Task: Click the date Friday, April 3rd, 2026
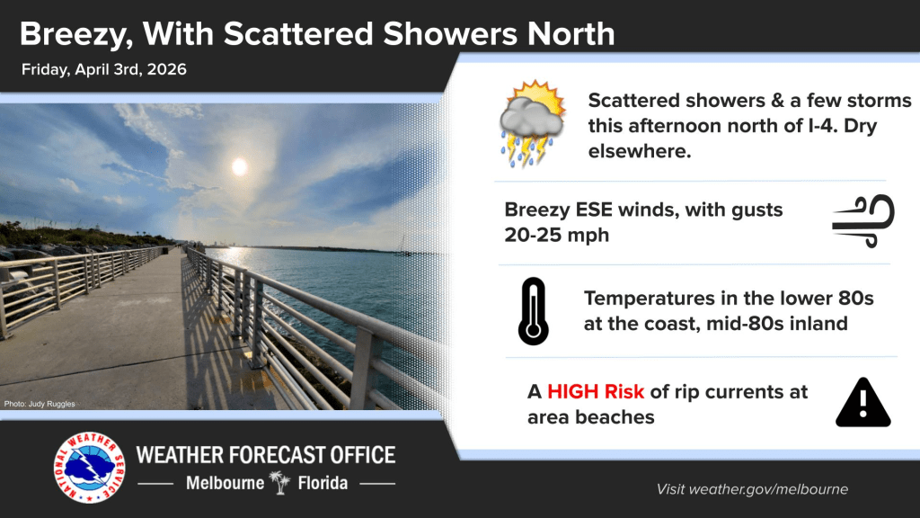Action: tap(103, 69)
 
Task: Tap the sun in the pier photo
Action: tap(239, 166)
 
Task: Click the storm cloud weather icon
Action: tap(533, 124)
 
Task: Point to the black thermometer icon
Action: tap(533, 311)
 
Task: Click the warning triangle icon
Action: tap(862, 404)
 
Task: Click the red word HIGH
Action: tap(577, 392)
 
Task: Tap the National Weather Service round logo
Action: tap(89, 469)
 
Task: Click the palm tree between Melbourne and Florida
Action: tap(281, 483)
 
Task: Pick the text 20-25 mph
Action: tap(551, 235)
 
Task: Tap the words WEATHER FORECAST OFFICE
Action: tap(265, 454)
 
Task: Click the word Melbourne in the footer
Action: tap(225, 483)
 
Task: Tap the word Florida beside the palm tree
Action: tap(323, 483)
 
